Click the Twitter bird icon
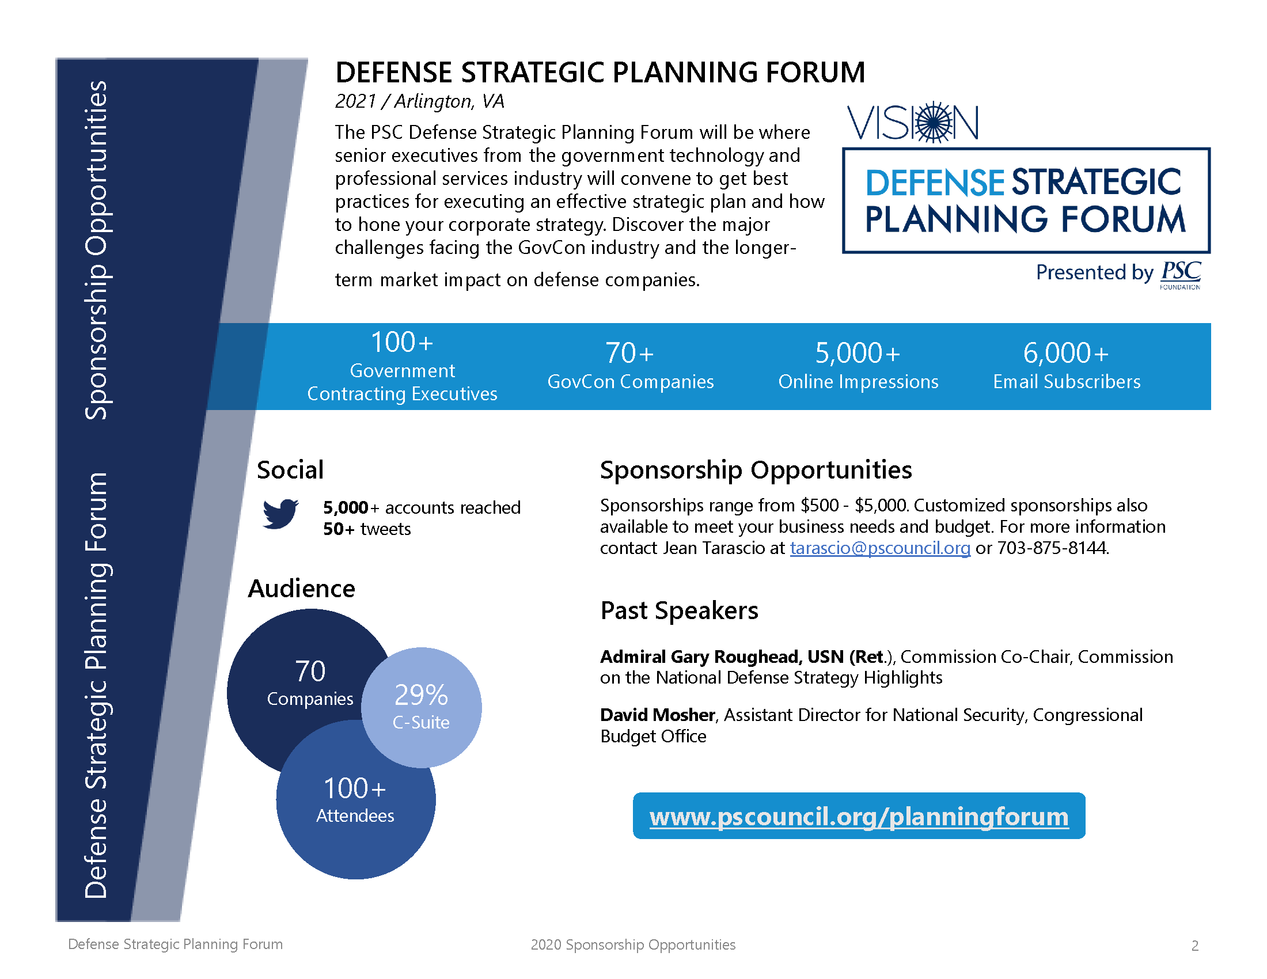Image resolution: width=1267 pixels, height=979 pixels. click(280, 513)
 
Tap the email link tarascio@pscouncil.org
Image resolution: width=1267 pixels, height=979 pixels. click(879, 548)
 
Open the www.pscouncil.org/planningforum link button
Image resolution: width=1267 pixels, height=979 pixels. click(859, 817)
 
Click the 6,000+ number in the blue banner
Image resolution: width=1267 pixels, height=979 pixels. click(1065, 353)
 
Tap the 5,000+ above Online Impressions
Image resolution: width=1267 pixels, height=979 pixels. click(858, 353)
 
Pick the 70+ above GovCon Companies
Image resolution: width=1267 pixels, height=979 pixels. click(629, 353)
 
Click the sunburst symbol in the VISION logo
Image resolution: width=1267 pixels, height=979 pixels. click(934, 122)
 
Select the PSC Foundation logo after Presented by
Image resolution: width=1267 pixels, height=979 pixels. click(1181, 274)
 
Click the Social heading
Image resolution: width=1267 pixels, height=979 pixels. click(290, 470)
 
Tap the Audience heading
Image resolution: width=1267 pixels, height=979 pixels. click(301, 589)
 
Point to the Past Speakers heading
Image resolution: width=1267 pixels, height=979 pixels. click(679, 610)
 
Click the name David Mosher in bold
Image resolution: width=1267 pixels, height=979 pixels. click(657, 715)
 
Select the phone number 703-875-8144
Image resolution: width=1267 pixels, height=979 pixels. click(1052, 548)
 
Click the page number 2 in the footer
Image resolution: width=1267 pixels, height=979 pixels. click(1194, 946)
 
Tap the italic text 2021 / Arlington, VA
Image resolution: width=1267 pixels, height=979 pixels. click(419, 101)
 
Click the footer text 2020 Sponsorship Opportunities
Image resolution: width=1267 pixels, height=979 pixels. click(632, 945)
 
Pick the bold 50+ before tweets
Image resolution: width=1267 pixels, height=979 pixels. click(338, 529)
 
